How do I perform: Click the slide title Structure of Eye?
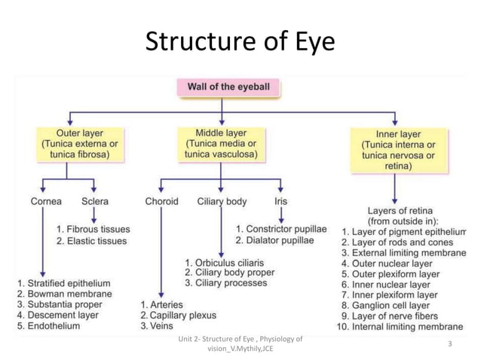coord(240,41)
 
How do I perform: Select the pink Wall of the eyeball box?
coord(228,87)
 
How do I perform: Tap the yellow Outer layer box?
coord(75,143)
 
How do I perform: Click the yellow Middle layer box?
coord(220,143)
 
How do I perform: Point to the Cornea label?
coord(46,201)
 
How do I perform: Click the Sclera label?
coord(95,201)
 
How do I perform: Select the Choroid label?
coord(161,201)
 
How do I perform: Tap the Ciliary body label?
coord(222,201)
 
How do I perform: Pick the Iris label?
coord(280,201)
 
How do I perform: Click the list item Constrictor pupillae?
coord(280,228)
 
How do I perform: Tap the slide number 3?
coord(449,344)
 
